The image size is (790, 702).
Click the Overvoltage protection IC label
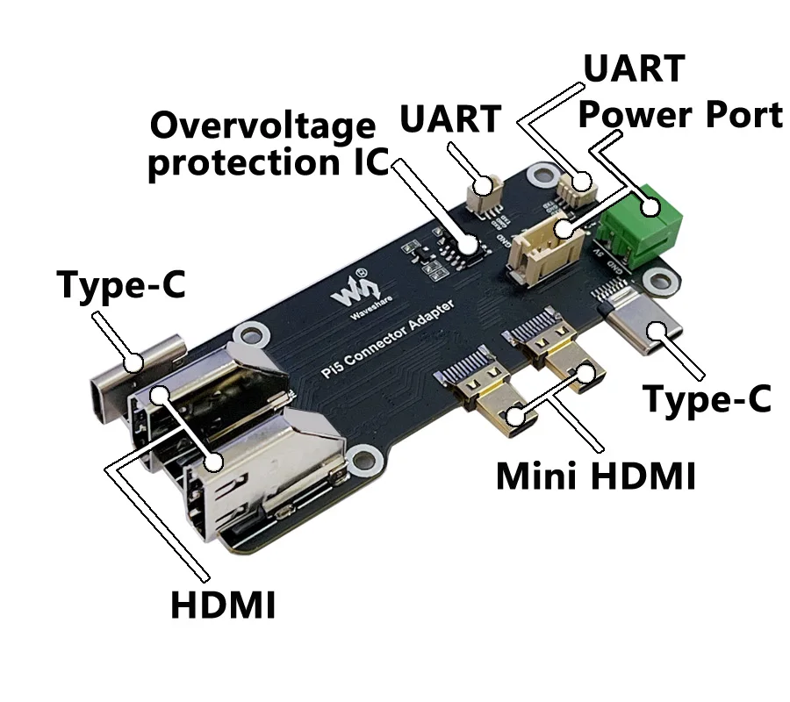pyautogui.click(x=263, y=146)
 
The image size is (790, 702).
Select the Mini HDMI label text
pyautogui.click(x=596, y=477)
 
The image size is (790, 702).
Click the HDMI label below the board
pyautogui.click(x=223, y=605)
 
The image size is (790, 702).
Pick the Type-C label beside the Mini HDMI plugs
pyautogui.click(x=707, y=398)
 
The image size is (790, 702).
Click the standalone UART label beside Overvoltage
pyautogui.click(x=451, y=118)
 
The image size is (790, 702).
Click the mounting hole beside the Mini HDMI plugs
pyautogui.click(x=361, y=462)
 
